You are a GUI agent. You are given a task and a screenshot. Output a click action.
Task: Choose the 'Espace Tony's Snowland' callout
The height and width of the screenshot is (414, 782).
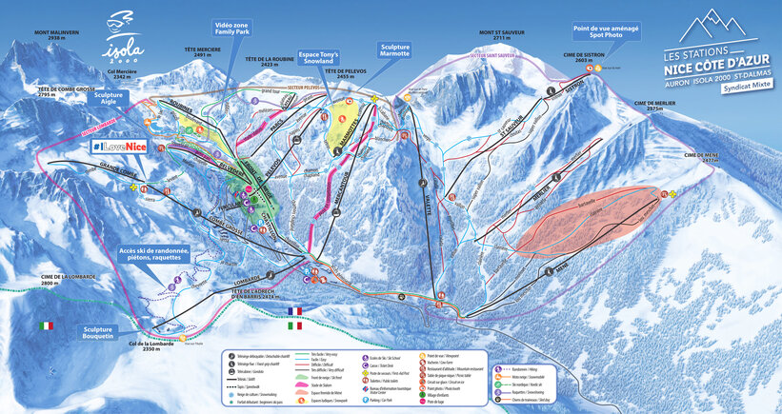[323, 59]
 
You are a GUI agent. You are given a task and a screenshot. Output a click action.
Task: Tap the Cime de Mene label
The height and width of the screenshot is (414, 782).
[702, 157]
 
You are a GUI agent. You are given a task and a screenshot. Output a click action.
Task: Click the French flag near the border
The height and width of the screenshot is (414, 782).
[293, 310]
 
